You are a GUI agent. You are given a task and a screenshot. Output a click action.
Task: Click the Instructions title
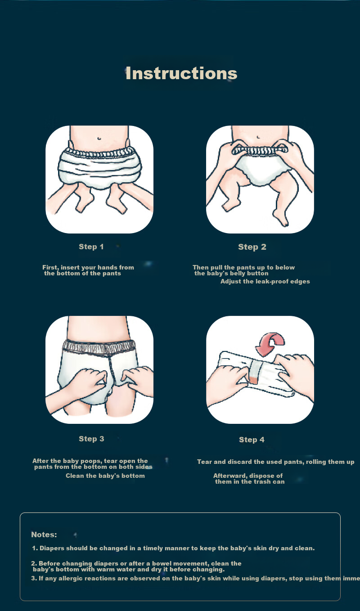click(181, 73)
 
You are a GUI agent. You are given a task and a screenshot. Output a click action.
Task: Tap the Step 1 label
click(91, 247)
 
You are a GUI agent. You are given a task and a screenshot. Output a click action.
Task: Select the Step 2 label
click(252, 247)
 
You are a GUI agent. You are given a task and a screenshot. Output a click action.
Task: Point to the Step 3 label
click(91, 439)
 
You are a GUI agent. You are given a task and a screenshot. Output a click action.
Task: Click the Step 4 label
click(252, 440)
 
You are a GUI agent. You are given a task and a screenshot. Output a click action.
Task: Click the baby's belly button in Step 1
click(99, 138)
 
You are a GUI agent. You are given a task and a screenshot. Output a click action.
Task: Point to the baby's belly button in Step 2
click(258, 137)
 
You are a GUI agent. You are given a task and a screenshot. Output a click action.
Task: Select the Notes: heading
click(44, 535)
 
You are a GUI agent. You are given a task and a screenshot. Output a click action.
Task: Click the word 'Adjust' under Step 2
click(229, 282)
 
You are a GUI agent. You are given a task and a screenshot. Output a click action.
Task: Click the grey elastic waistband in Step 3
click(99, 346)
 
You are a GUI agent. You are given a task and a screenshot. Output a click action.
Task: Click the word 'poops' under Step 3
click(92, 461)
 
